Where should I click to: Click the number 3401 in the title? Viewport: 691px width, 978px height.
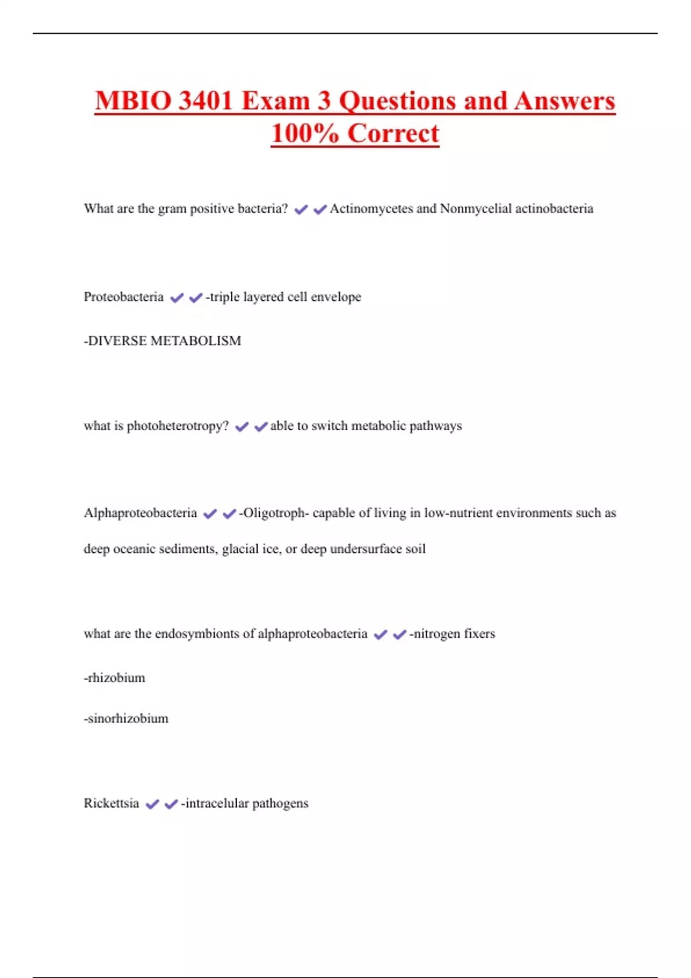205,101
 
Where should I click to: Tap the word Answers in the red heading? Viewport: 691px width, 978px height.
564,101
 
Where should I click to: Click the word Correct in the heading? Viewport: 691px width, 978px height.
393,133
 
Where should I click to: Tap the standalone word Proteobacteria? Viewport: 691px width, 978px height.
124,297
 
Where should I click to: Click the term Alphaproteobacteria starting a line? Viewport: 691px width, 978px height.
140,513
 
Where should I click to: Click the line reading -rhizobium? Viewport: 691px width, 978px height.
115,678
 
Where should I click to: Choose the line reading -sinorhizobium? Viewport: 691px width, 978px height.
126,719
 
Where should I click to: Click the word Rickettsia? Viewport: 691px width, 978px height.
111,803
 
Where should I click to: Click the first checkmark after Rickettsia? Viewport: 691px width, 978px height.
152,804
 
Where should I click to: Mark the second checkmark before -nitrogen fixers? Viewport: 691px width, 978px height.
400,635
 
